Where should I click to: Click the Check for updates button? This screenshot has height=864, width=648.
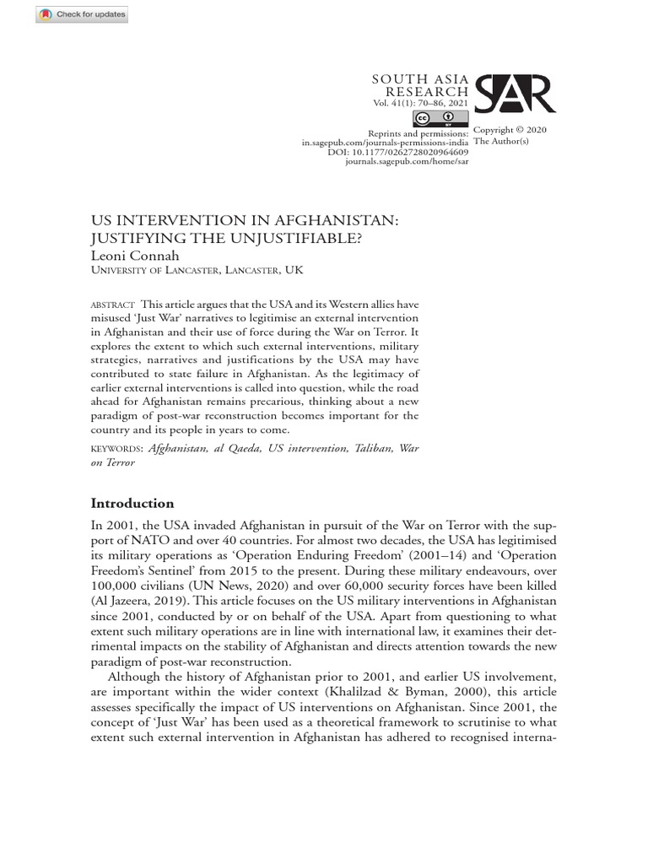pyautogui.click(x=82, y=14)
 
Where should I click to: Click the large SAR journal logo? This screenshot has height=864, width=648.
pyautogui.click(x=514, y=94)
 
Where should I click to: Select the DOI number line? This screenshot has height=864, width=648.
pyautogui.click(x=397, y=152)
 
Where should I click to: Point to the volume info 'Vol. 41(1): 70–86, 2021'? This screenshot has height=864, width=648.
pyautogui.click(x=420, y=104)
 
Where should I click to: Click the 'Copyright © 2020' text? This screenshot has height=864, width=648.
pyautogui.click(x=510, y=130)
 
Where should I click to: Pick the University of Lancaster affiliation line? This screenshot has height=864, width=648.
pyautogui.click(x=196, y=271)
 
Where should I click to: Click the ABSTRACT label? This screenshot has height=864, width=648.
pyautogui.click(x=112, y=305)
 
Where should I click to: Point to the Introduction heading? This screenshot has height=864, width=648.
pyautogui.click(x=132, y=504)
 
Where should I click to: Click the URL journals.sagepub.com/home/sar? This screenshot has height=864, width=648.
pyautogui.click(x=407, y=161)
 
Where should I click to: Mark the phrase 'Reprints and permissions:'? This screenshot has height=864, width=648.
pyautogui.click(x=418, y=133)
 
